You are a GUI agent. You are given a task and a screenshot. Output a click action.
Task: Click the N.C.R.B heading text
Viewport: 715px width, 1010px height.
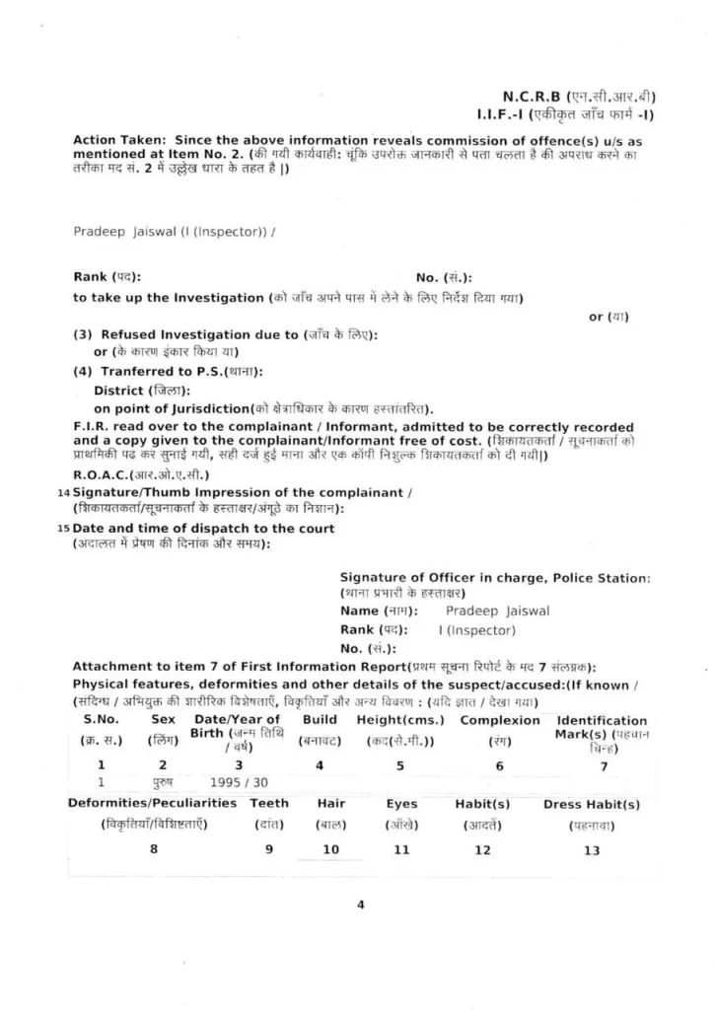(x=532, y=97)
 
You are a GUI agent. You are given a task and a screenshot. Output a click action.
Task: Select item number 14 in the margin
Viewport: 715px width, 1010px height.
(x=65, y=492)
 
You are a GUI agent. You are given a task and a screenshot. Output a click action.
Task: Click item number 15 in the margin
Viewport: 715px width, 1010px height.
(x=65, y=529)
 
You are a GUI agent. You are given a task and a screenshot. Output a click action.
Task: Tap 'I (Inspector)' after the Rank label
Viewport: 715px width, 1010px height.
(x=476, y=630)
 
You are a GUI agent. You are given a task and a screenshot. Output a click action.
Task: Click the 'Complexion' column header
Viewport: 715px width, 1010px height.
(x=500, y=720)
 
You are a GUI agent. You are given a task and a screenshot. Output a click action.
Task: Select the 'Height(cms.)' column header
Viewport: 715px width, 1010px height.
(x=400, y=720)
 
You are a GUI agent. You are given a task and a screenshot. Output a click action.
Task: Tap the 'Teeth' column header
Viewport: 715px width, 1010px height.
(x=268, y=803)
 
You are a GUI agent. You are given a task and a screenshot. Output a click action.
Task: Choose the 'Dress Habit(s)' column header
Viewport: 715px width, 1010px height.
(x=592, y=804)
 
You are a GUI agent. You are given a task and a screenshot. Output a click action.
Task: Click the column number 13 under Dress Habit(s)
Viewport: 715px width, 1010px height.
(x=592, y=850)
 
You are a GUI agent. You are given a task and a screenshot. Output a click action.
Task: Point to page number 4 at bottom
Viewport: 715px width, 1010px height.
(x=360, y=904)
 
